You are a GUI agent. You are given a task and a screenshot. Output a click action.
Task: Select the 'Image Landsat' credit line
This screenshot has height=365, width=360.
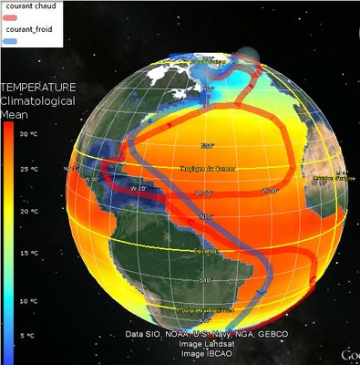tap(207, 344)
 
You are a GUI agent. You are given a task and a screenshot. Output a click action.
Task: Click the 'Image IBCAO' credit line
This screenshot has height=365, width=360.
tap(206, 353)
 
